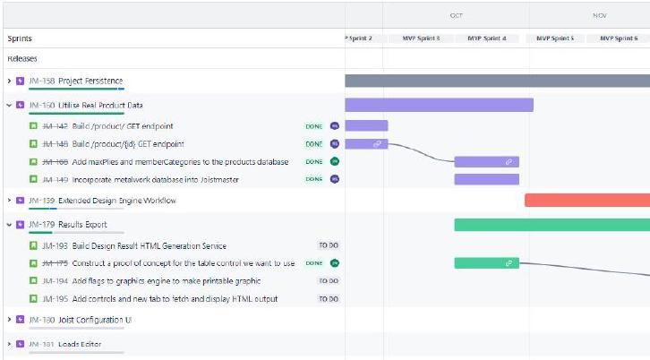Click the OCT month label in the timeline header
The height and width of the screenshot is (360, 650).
tap(456, 16)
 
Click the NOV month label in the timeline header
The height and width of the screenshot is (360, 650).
tap(600, 16)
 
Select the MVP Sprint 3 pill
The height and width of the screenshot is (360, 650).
tap(420, 39)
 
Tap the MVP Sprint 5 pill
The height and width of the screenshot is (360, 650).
tap(555, 39)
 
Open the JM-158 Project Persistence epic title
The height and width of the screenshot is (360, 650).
tap(90, 81)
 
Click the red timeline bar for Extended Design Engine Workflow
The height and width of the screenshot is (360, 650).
tap(586, 200)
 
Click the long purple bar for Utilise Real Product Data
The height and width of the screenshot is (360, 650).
tap(439, 105)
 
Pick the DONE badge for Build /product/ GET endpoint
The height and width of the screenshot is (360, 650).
tap(313, 126)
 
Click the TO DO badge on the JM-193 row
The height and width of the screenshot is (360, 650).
tap(329, 245)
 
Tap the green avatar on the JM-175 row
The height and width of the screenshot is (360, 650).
tap(335, 263)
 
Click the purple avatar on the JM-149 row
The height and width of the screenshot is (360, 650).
tap(335, 179)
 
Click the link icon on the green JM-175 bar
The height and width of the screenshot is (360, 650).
tap(509, 263)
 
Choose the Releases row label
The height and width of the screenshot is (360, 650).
tap(22, 58)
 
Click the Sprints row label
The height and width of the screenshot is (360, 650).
tap(20, 39)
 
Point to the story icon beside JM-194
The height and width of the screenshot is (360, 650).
tap(34, 281)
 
